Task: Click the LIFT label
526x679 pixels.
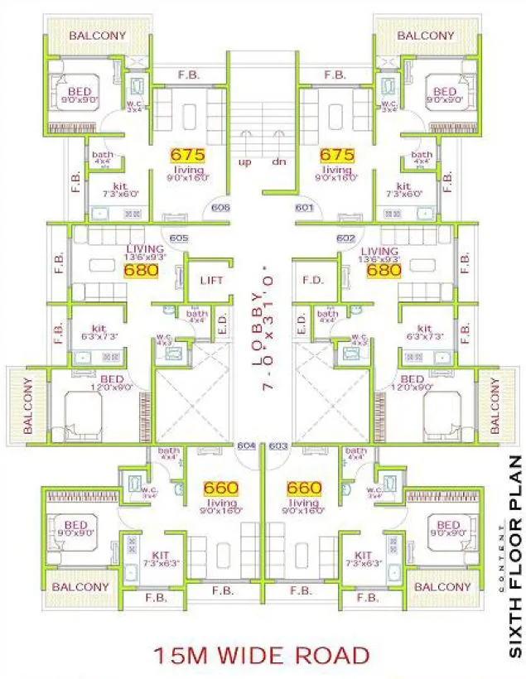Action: (213, 281)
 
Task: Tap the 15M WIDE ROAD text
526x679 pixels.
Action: (261, 656)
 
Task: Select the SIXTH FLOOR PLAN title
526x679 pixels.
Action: (514, 556)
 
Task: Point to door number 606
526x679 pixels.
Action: (220, 208)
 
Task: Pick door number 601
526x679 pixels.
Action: (303, 208)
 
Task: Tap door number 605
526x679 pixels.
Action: (178, 238)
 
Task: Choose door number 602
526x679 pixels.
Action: (348, 238)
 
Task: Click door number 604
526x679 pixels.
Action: (245, 445)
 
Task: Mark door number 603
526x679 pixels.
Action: (278, 445)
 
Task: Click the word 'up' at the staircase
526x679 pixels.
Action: (245, 161)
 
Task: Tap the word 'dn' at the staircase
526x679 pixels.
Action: (279, 161)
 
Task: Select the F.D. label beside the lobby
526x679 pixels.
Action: (313, 281)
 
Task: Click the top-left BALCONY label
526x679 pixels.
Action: (98, 36)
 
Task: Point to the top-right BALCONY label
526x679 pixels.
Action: (426, 36)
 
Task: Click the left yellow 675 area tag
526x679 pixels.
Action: (186, 155)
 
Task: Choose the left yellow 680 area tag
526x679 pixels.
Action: (139, 270)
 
